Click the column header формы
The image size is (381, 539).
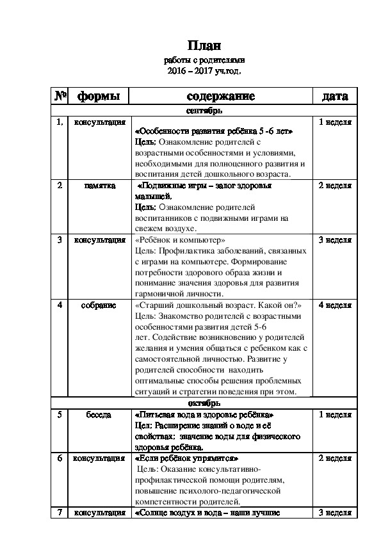99,97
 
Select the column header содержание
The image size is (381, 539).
220,97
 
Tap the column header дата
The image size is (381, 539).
335,97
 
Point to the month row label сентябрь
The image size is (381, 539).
204,111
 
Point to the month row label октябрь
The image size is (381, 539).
204,404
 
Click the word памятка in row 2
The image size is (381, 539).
99,186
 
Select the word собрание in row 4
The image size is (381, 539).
99,305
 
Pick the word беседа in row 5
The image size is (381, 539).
99,415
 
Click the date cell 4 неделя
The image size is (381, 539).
335,305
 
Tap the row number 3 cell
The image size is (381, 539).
60,240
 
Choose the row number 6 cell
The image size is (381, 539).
60,458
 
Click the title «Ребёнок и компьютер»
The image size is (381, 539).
181,240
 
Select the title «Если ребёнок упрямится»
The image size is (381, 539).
186,458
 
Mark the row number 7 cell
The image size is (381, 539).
60,513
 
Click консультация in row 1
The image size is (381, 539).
99,121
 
